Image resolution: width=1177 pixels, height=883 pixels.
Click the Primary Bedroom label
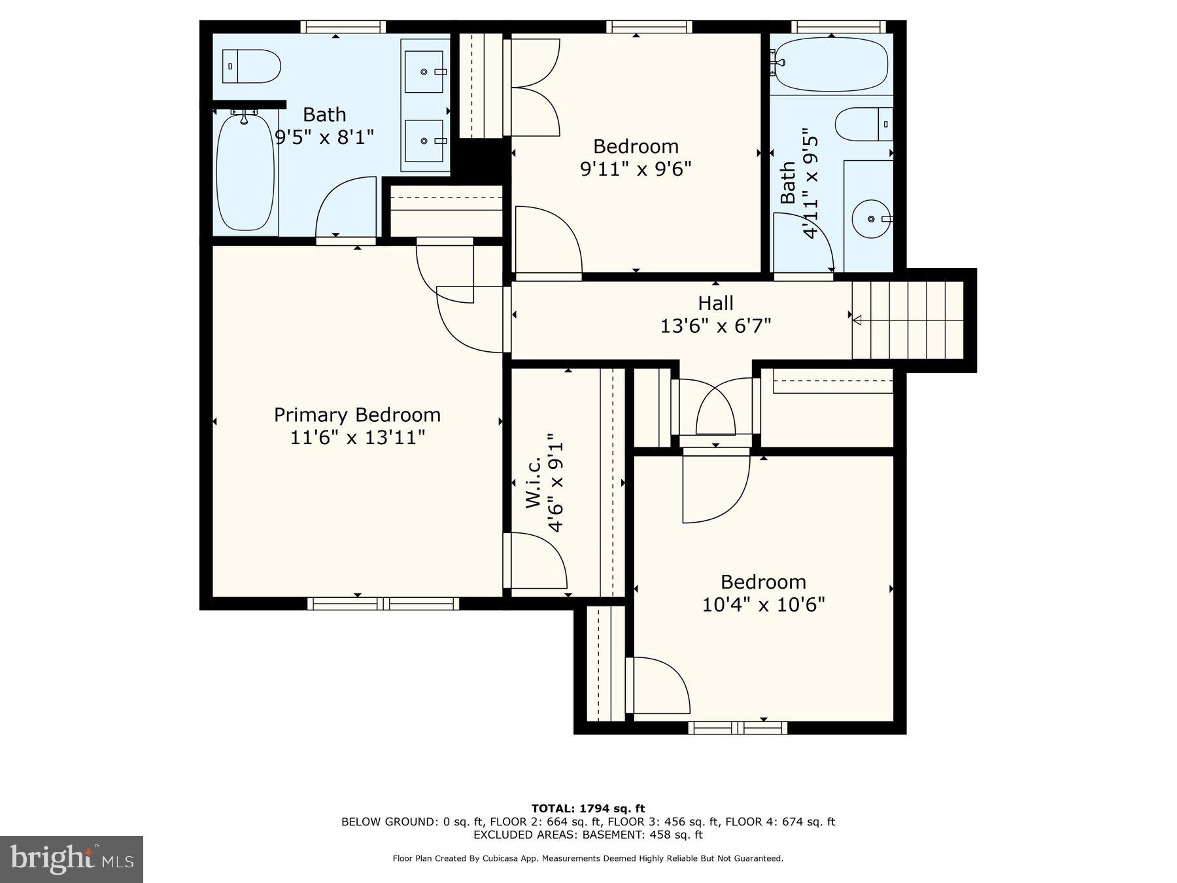tap(357, 415)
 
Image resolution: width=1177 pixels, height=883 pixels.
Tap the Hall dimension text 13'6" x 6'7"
tap(715, 325)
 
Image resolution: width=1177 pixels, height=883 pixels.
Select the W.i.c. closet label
tap(533, 483)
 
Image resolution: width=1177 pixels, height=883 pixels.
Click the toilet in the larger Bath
tap(251, 66)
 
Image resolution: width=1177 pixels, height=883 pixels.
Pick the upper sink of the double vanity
tap(424, 71)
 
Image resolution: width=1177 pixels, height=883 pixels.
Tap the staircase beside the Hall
tap(908, 320)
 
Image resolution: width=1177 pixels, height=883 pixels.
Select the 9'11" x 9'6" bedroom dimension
tap(636, 169)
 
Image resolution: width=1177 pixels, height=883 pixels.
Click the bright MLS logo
tap(71, 859)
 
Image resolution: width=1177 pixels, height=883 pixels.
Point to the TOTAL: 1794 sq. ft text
tap(588, 808)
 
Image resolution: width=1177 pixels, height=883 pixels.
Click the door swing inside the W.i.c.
tap(539, 561)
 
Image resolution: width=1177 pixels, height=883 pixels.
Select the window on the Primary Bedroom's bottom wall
tap(383, 603)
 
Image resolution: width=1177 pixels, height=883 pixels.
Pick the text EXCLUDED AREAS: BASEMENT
tap(588, 835)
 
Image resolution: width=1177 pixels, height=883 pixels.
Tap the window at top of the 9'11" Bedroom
tap(649, 27)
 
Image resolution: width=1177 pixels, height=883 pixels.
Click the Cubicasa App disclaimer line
tap(588, 858)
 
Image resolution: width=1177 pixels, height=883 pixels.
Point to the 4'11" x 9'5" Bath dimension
tap(810, 183)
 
